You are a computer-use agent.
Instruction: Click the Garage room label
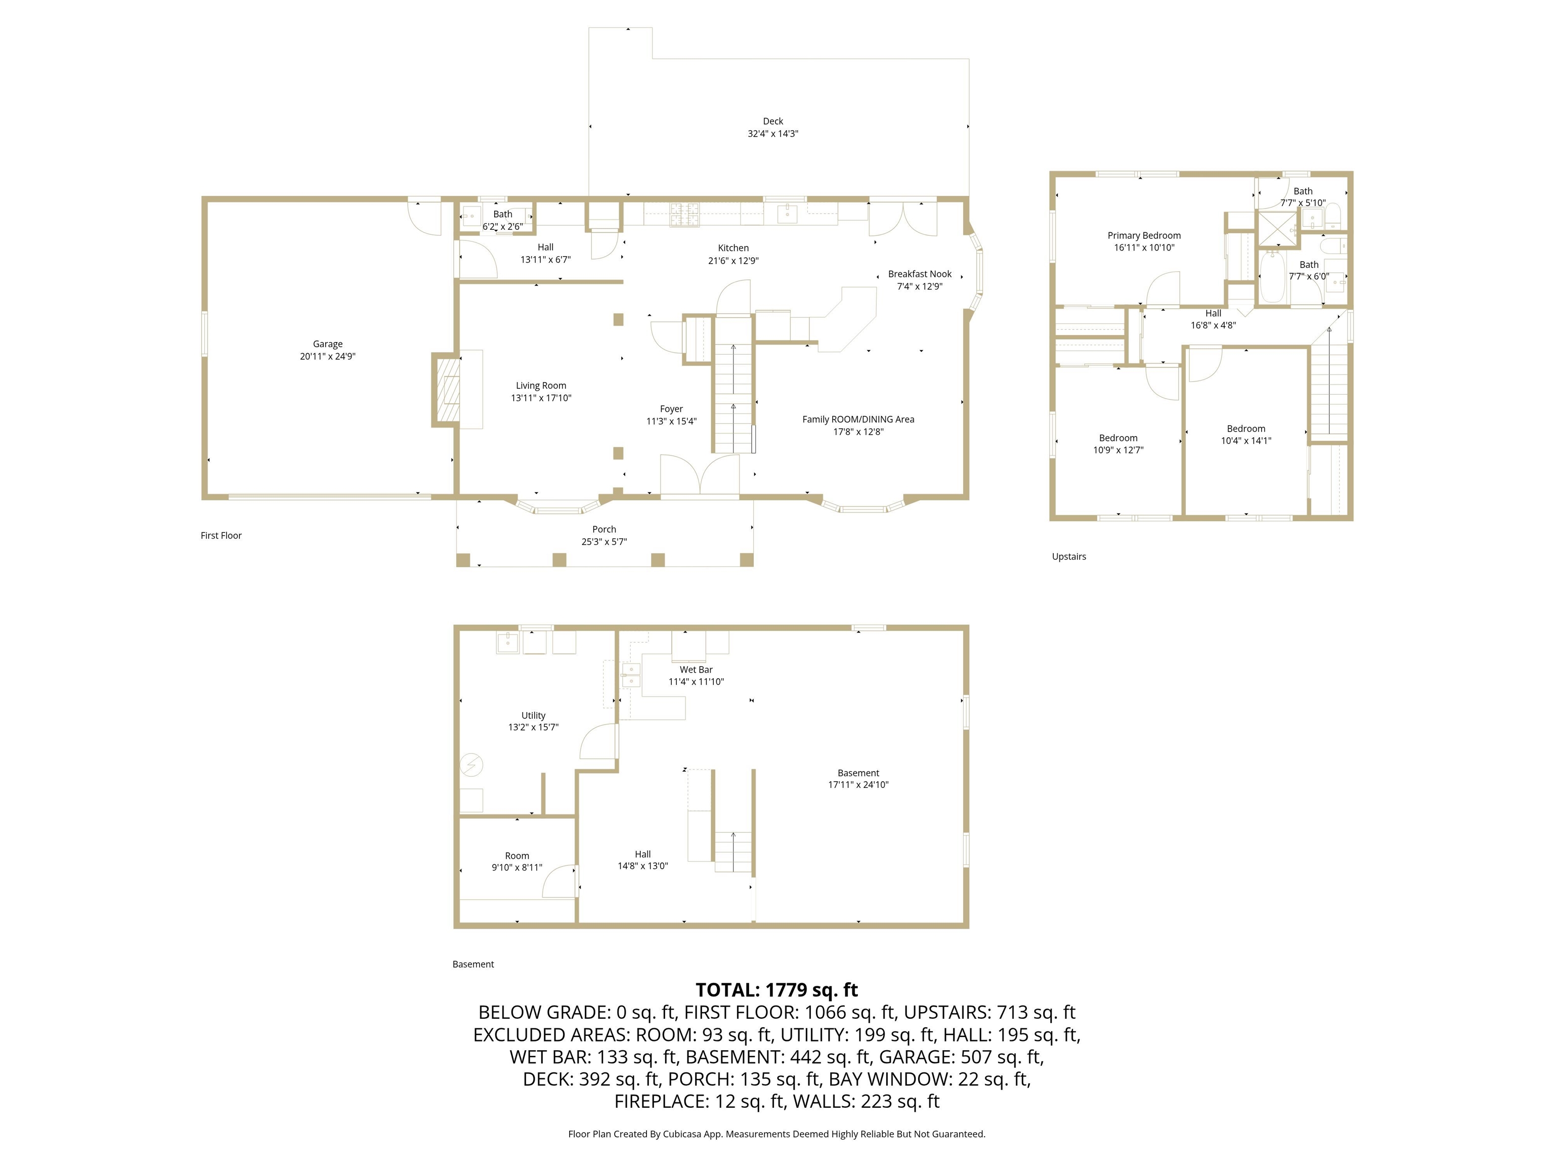click(x=327, y=344)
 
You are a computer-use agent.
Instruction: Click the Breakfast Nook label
click(x=919, y=274)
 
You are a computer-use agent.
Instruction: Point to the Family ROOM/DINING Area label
click(x=858, y=419)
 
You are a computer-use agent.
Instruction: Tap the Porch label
click(x=603, y=529)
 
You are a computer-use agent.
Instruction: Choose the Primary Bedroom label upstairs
click(x=1144, y=235)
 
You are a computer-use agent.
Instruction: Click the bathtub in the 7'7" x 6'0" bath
click(x=1271, y=278)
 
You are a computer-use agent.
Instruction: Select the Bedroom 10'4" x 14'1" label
click(x=1245, y=429)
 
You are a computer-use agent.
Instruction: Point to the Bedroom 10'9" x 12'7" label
click(x=1118, y=438)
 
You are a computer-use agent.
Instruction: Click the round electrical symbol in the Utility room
click(x=471, y=765)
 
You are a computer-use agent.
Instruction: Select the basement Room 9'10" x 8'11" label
click(x=516, y=855)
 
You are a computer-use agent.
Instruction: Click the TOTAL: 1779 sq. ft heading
click(x=776, y=989)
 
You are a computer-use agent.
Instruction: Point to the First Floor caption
click(x=221, y=535)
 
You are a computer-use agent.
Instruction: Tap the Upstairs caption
click(x=1068, y=557)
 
